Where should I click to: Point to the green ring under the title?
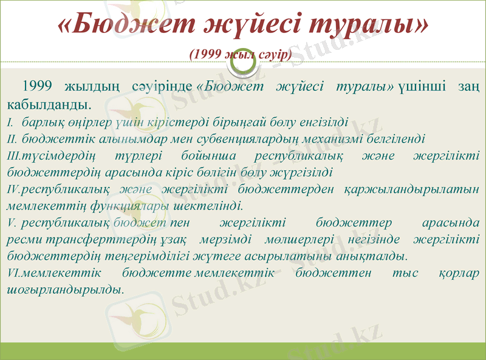tap(242, 58)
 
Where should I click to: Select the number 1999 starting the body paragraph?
tap(39, 86)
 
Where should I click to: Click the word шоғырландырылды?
tap(64, 289)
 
